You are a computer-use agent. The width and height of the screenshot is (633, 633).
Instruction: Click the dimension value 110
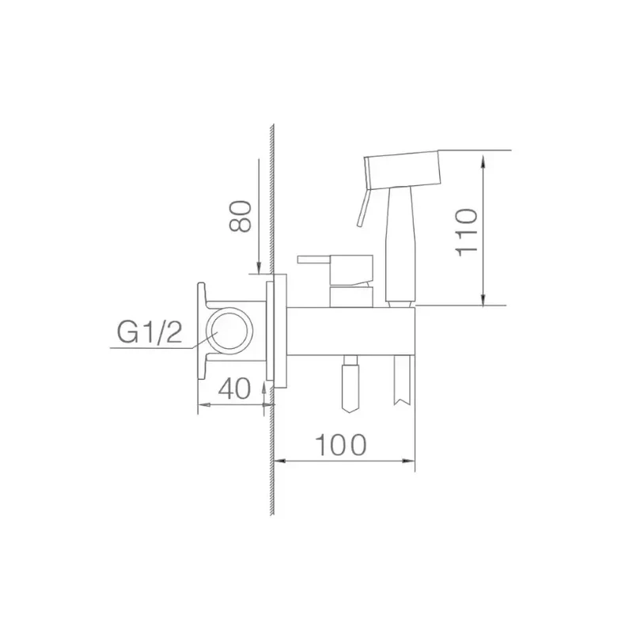(466, 232)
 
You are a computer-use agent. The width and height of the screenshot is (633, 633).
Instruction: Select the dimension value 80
(241, 216)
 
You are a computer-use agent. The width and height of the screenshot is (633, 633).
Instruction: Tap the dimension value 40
(234, 389)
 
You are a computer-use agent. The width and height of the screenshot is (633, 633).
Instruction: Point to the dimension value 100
(341, 445)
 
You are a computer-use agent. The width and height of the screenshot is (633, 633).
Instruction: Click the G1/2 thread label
(150, 332)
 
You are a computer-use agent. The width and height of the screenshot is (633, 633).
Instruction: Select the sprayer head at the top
(402, 169)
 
